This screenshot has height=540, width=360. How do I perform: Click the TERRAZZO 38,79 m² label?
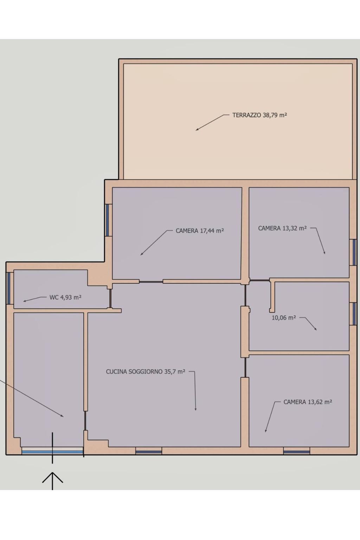260,115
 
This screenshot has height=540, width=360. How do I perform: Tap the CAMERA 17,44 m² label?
200,231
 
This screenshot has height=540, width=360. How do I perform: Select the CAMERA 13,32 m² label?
282,228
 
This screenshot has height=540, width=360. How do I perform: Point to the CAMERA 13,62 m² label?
308,402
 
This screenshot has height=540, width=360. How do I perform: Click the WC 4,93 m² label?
65,297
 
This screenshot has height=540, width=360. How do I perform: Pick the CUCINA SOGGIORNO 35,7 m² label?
146,372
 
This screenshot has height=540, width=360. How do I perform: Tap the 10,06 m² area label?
284,318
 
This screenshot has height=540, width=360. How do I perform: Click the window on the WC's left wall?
8,288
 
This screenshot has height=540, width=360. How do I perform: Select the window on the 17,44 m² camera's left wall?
107,220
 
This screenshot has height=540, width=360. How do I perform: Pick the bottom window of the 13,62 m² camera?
297,451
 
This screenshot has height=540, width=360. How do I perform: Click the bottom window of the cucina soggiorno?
148,451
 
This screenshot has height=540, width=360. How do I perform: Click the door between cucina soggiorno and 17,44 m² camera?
151,282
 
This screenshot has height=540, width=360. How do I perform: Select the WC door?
110,298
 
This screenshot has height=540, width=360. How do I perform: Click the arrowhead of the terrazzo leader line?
197,129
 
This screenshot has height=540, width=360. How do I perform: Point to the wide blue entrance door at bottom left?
52,451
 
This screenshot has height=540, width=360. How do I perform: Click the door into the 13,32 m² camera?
259,280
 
